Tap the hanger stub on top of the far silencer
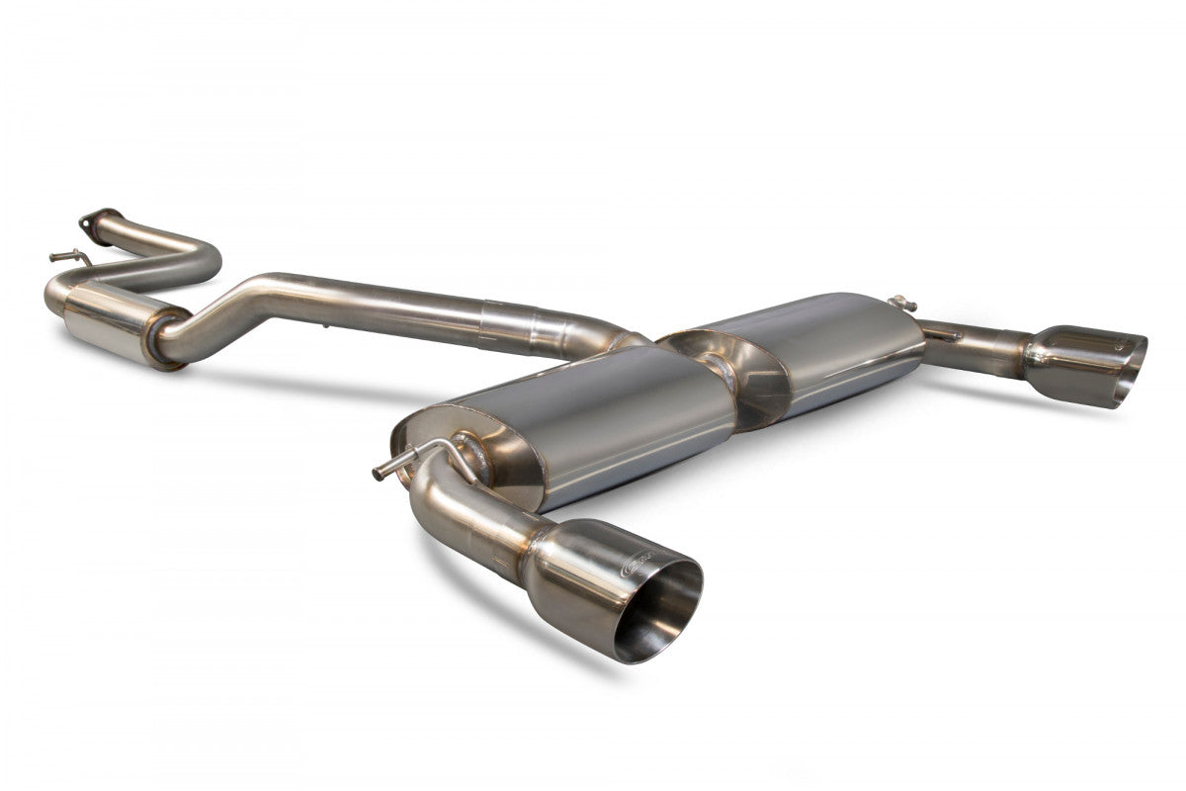coord(899,302)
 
